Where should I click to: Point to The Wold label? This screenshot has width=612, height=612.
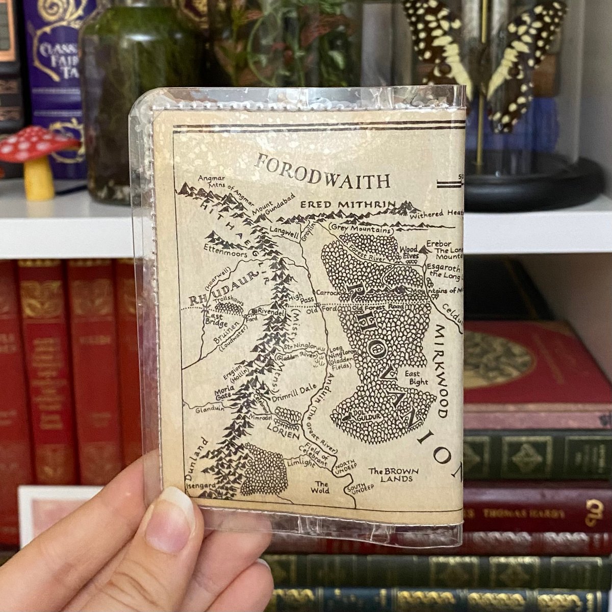[x=322, y=488]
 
